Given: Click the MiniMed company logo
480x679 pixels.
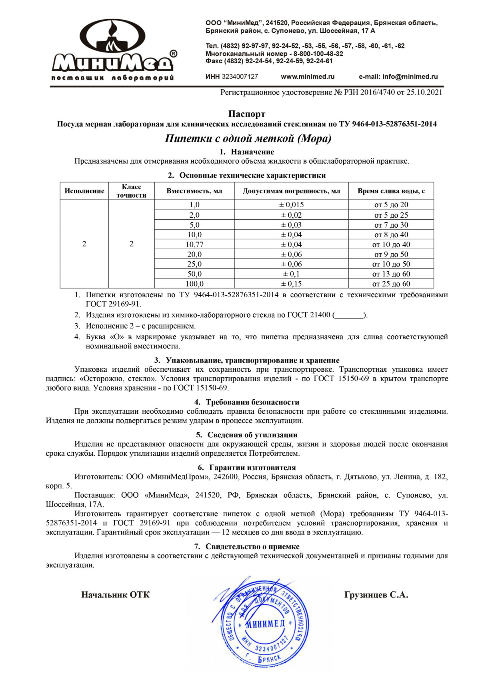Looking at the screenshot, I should (113, 50).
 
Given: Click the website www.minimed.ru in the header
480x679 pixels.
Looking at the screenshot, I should (308, 77).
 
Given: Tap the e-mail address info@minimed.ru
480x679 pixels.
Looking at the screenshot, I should (398, 77).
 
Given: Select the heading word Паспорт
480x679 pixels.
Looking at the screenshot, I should (247, 114).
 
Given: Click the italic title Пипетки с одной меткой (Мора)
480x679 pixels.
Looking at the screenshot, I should (248, 139).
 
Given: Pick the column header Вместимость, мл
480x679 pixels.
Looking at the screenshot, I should (194, 191).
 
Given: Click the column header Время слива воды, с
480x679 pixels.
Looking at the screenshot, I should (391, 191).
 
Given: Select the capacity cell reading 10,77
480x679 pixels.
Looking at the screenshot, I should (194, 244).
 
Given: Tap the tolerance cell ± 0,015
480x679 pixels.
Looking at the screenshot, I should (291, 205).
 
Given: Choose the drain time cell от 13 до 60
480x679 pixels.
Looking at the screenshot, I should (391, 274).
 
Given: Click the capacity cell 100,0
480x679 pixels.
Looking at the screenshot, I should (194, 284).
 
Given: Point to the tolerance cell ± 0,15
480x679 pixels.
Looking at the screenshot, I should (291, 284).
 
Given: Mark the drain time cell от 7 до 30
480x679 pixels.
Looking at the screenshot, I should (391, 225).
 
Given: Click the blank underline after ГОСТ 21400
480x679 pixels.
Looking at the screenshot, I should (350, 316).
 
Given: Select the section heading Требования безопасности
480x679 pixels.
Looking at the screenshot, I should (252, 402).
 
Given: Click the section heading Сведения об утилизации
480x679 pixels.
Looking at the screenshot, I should (252, 435).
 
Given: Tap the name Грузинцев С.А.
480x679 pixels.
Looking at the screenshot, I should (376, 595).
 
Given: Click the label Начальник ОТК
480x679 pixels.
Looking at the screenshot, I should (115, 595).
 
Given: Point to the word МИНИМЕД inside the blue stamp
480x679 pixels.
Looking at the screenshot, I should (265, 624).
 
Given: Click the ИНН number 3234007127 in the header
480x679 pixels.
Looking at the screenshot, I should (240, 77).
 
